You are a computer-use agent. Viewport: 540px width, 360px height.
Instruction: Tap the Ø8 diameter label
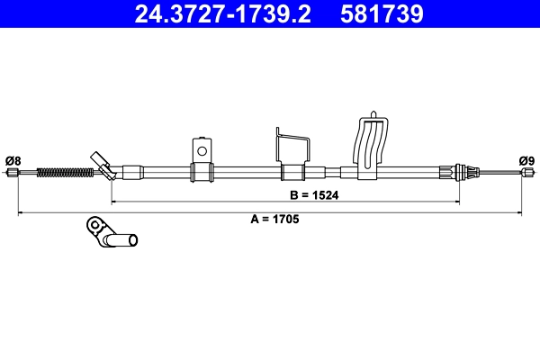(x=13, y=161)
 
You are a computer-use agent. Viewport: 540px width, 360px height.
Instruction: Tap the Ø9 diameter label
(x=526, y=161)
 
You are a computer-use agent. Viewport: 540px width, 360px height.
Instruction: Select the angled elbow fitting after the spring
(x=103, y=166)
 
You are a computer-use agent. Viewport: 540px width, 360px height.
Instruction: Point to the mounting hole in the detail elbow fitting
(x=93, y=223)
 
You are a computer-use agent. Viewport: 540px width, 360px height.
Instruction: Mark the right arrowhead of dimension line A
(x=519, y=212)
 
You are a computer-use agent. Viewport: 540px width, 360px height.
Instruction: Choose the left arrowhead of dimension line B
(x=114, y=201)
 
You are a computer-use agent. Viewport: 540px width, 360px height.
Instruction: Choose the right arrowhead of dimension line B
(x=458, y=201)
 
